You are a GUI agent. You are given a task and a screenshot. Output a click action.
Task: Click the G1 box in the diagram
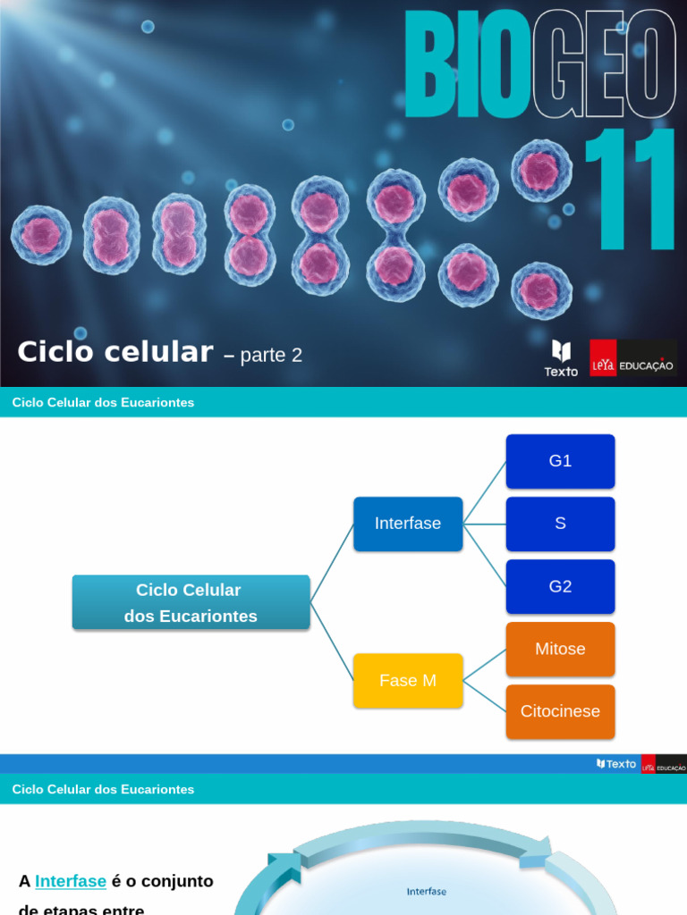[560, 461]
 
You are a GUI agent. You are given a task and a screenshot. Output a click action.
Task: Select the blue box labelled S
[560, 524]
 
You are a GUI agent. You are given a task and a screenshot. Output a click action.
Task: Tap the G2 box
[560, 586]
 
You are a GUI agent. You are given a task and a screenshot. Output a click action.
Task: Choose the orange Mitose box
[560, 649]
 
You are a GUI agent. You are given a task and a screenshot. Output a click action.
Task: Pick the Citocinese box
[560, 711]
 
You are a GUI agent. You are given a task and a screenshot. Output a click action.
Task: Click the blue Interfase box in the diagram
[408, 524]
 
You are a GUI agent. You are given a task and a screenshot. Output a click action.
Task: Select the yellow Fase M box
[408, 681]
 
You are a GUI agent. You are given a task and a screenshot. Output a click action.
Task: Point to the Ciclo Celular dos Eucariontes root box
[191, 602]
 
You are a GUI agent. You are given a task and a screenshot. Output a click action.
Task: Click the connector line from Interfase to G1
[485, 492]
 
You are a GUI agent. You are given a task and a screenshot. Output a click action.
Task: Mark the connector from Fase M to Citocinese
[485, 696]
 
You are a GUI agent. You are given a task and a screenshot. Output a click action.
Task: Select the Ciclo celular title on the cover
[114, 352]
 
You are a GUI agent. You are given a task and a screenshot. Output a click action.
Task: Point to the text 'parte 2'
[271, 355]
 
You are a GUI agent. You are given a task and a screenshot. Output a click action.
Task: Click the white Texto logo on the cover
[561, 357]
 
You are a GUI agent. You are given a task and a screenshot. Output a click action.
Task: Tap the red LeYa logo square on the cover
[603, 357]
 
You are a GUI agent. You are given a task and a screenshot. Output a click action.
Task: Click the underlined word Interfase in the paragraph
[71, 881]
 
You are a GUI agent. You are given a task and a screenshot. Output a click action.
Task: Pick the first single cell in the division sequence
[41, 235]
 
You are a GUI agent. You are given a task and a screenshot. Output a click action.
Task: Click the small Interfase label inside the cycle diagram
[426, 891]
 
